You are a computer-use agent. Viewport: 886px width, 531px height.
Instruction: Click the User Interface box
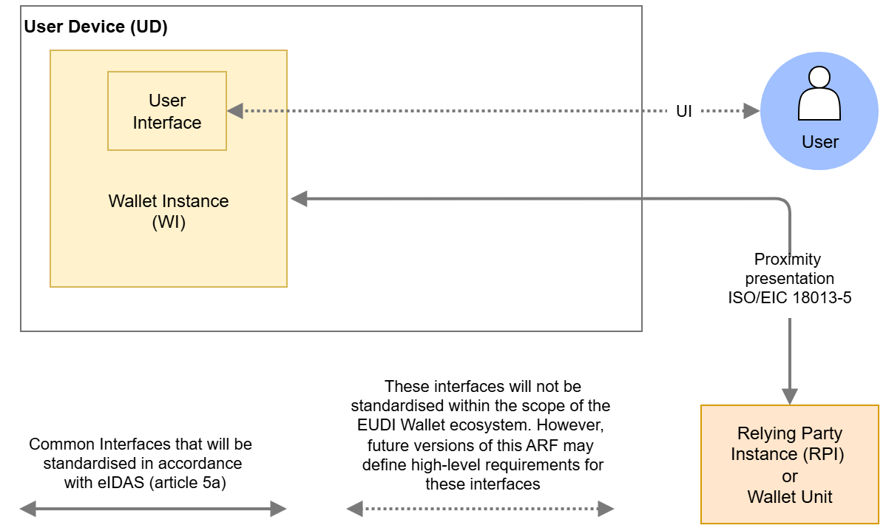tap(166, 111)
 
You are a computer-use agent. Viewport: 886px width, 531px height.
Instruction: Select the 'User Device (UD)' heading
tap(96, 27)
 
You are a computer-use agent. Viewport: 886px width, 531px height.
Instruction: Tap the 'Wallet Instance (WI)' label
tap(168, 212)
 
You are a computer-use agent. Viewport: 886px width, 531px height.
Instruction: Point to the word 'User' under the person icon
tap(819, 142)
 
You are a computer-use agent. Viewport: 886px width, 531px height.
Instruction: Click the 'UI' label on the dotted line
tap(684, 112)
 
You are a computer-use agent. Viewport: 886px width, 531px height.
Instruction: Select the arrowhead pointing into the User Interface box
tap(235, 111)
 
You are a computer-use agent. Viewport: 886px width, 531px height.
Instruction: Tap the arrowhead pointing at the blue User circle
tap(751, 111)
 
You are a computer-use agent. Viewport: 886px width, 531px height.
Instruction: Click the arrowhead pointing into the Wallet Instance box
tap(298, 198)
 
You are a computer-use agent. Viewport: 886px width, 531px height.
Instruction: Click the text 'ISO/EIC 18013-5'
tap(790, 299)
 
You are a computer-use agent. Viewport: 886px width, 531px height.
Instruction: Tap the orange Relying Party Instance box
tap(789, 464)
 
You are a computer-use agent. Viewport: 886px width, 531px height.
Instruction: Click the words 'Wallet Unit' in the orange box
tap(790, 497)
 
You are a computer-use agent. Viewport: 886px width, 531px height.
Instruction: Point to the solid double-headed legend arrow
tap(152, 509)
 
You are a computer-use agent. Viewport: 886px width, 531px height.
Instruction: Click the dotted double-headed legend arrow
tap(480, 509)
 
